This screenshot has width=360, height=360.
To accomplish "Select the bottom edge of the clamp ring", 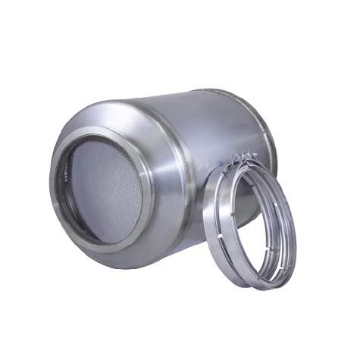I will pos(258,286).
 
